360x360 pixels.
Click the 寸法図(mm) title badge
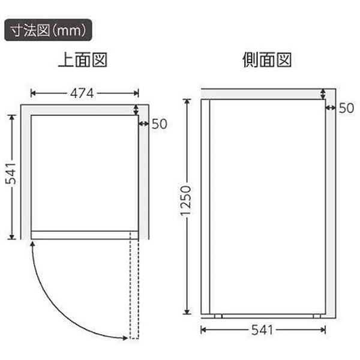pyautogui.click(x=48, y=30)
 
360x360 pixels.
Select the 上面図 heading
pyautogui.click(x=83, y=59)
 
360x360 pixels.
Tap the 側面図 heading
pyautogui.click(x=267, y=59)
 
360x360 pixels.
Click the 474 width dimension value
pyautogui.click(x=82, y=93)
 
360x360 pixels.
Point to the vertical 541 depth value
pyautogui.click(x=11, y=174)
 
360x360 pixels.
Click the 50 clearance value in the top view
pyautogui.click(x=160, y=124)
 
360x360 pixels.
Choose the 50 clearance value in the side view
pyautogui.click(x=346, y=108)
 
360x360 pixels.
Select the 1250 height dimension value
pyautogui.click(x=185, y=201)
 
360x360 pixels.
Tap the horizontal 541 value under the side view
pyautogui.click(x=262, y=330)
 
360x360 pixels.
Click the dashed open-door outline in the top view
pyautogui.click(x=134, y=285)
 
